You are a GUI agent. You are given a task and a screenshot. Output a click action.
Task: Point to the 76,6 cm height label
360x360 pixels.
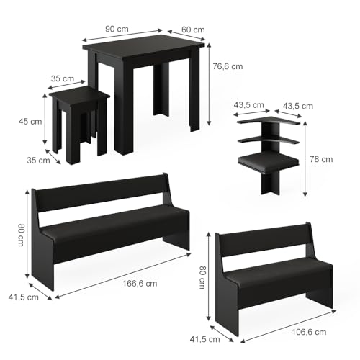tap(228, 66)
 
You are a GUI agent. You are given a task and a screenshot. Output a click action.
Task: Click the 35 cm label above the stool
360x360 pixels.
tap(63, 78)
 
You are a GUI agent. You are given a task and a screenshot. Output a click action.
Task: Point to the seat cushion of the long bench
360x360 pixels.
tap(115, 223)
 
